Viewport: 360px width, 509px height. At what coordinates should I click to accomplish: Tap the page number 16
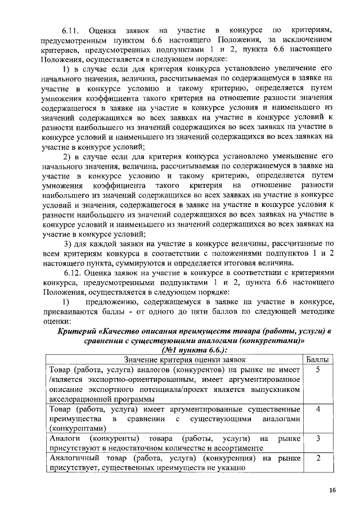(x=333, y=491)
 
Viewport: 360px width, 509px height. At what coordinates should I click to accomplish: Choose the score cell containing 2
(x=318, y=458)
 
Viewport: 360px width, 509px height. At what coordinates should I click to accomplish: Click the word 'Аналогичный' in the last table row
(x=73, y=458)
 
